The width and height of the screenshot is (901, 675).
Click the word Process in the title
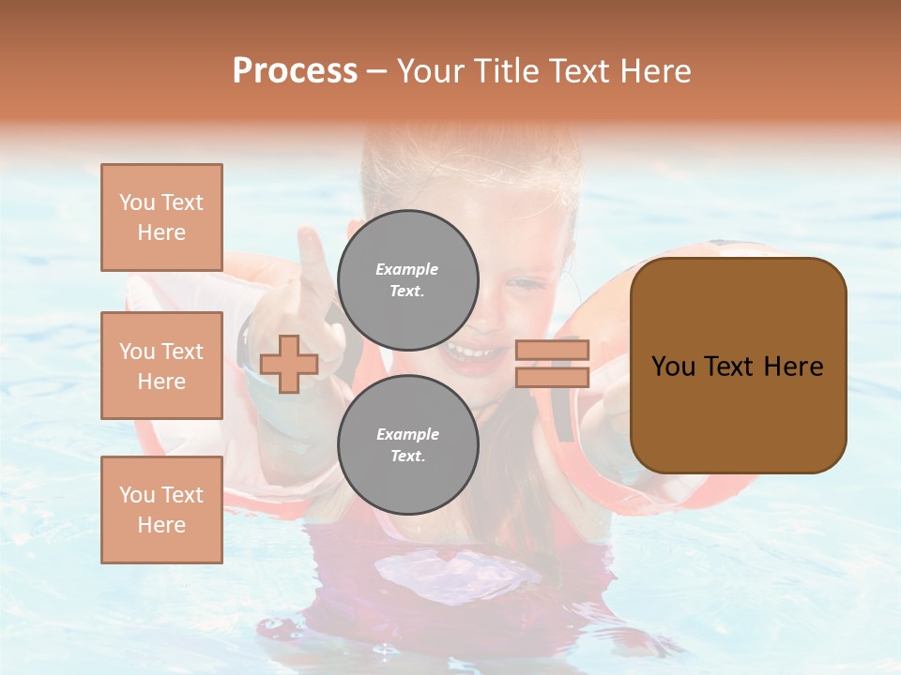(x=295, y=71)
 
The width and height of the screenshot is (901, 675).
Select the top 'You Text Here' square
(x=161, y=217)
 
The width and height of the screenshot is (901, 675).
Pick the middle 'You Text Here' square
(x=161, y=366)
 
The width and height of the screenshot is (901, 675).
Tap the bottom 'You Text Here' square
(x=161, y=510)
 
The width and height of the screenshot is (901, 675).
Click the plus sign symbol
(x=289, y=364)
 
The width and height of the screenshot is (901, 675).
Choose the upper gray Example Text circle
(x=407, y=280)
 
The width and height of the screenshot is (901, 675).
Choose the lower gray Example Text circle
(x=407, y=445)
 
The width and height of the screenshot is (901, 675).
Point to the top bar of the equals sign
(x=552, y=350)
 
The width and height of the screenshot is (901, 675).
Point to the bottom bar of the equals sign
(x=552, y=377)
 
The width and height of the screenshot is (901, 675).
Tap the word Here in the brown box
(x=793, y=367)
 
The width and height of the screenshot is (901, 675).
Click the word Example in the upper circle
(x=407, y=269)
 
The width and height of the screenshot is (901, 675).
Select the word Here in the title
(x=654, y=71)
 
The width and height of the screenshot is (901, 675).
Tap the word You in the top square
(x=136, y=202)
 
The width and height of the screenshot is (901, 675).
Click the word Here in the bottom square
(x=161, y=525)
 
